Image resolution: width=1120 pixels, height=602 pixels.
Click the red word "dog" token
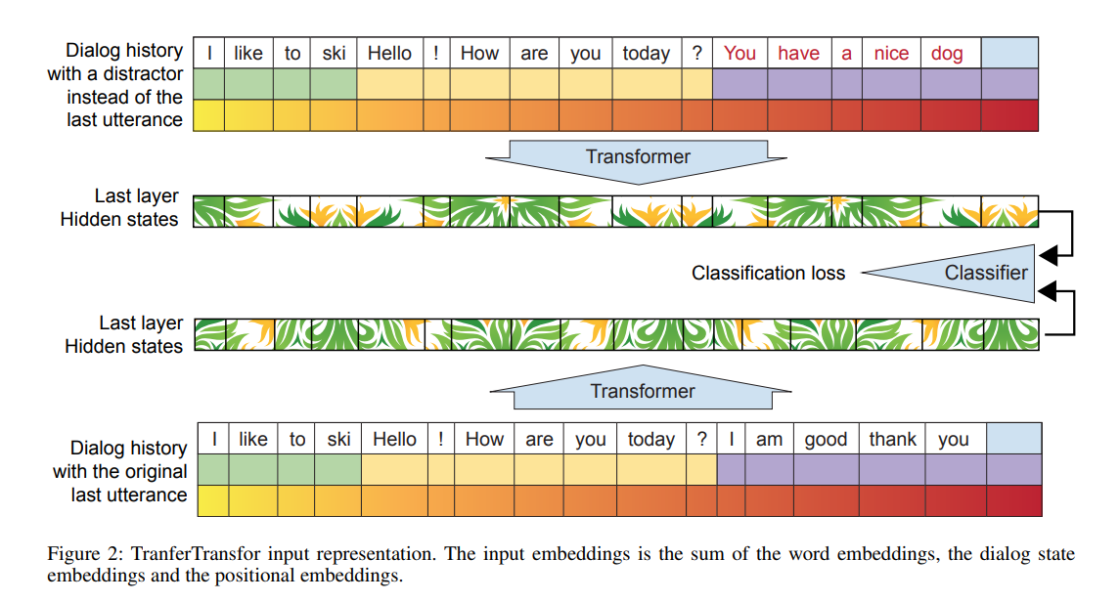pyautogui.click(x=947, y=54)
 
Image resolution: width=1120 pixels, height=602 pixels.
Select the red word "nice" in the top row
pyautogui.click(x=891, y=54)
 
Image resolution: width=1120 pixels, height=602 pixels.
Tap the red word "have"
pyautogui.click(x=798, y=54)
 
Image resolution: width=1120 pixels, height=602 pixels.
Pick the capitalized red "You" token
pyautogui.click(x=739, y=54)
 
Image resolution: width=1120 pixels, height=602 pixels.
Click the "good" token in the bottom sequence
pyautogui.click(x=826, y=440)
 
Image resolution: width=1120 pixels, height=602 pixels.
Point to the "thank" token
pyautogui.click(x=892, y=440)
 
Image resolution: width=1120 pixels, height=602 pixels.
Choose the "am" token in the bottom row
pyautogui.click(x=769, y=440)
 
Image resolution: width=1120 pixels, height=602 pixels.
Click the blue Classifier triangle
pyautogui.click(x=978, y=273)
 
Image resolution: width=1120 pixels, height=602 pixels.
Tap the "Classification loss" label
pyautogui.click(x=768, y=274)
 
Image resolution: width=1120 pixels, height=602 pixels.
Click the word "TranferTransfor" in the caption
pyautogui.click(x=185, y=554)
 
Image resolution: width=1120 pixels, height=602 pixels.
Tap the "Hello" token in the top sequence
pyautogui.click(x=389, y=54)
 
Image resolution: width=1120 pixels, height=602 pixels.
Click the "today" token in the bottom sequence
pyautogui.click(x=650, y=440)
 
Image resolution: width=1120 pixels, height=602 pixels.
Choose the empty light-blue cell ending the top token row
pyautogui.click(x=1008, y=54)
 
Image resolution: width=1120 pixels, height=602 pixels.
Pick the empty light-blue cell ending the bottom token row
pyautogui.click(x=1013, y=440)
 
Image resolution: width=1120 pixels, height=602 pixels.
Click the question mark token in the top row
pyautogui.click(x=696, y=54)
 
